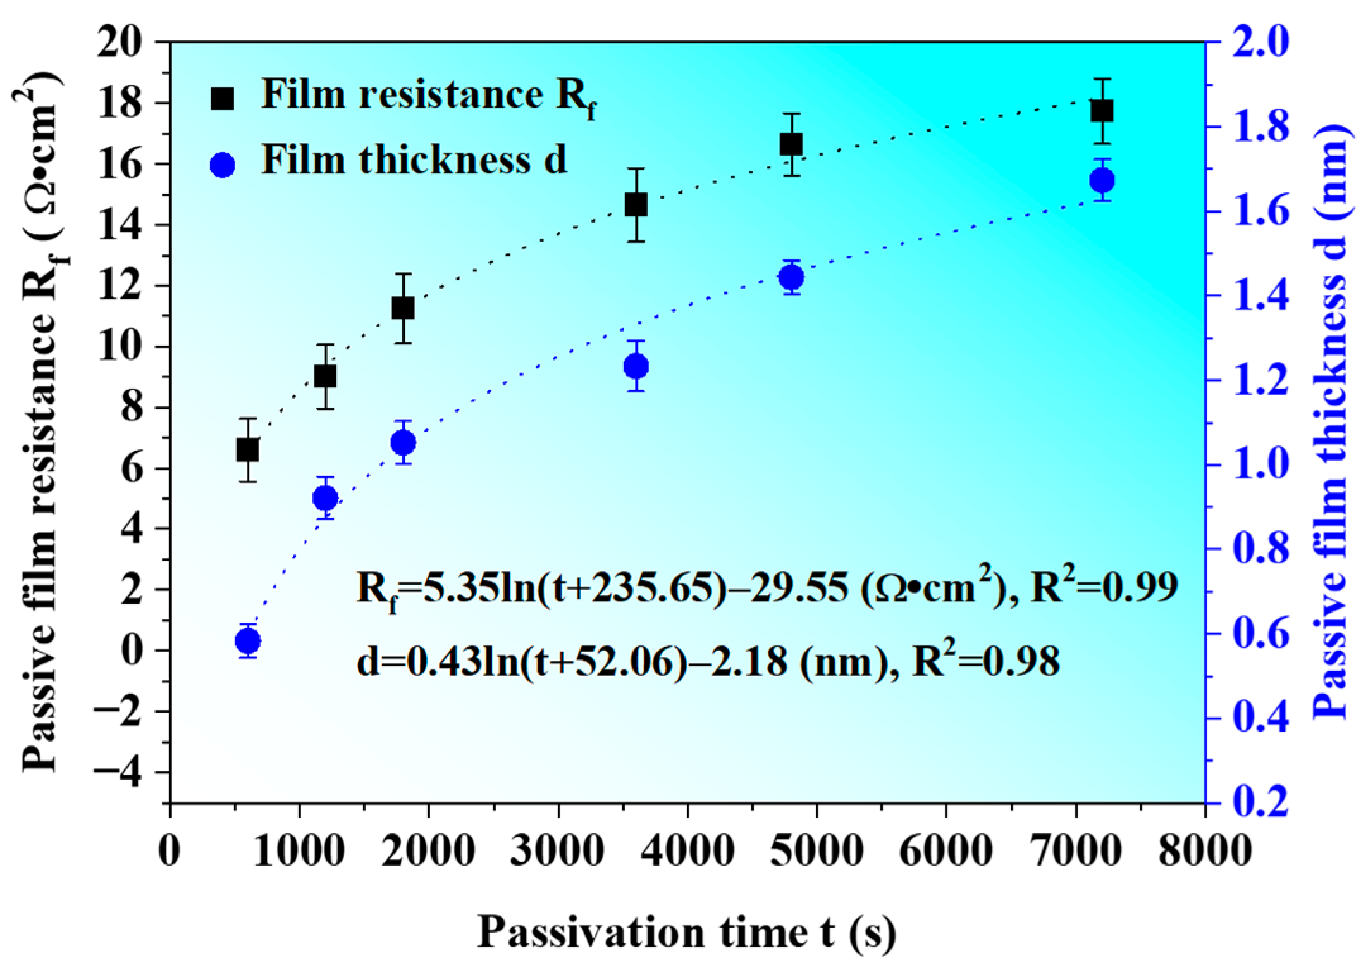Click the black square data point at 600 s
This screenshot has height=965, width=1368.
(247, 450)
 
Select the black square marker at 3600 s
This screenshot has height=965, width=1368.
(636, 205)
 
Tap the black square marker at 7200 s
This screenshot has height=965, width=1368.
(1101, 111)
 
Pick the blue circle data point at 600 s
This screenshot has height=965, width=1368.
(247, 642)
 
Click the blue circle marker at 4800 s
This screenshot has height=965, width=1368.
(791, 277)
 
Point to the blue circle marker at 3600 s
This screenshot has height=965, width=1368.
(636, 366)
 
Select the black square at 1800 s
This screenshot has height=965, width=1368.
(403, 308)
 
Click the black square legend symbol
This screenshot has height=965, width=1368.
(223, 98)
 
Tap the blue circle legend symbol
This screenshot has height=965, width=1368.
(223, 164)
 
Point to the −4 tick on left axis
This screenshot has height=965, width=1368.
(129, 773)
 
